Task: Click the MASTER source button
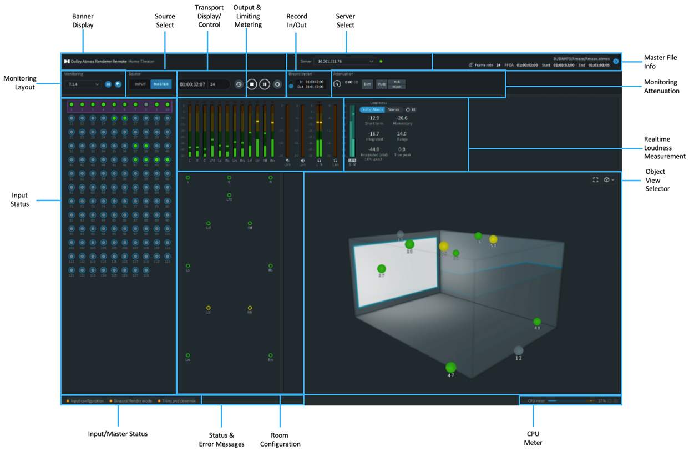pyautogui.click(x=161, y=84)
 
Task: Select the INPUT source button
pyautogui.click(x=140, y=84)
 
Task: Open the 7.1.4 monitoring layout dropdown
pyautogui.click(x=82, y=84)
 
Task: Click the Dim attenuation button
pyautogui.click(x=367, y=84)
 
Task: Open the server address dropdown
pyautogui.click(x=344, y=61)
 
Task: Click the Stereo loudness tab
pyautogui.click(x=393, y=109)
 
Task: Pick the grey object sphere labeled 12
pyautogui.click(x=518, y=350)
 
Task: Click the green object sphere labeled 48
pyautogui.click(x=536, y=321)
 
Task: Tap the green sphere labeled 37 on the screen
pyautogui.click(x=382, y=268)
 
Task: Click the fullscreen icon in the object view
pyautogui.click(x=595, y=180)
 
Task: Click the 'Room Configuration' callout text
pyautogui.click(x=280, y=439)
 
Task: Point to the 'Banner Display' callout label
pyautogui.click(x=83, y=21)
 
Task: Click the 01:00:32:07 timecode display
pyautogui.click(x=192, y=84)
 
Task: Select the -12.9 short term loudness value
pyautogui.click(x=374, y=118)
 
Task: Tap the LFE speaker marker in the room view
pyautogui.click(x=229, y=195)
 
